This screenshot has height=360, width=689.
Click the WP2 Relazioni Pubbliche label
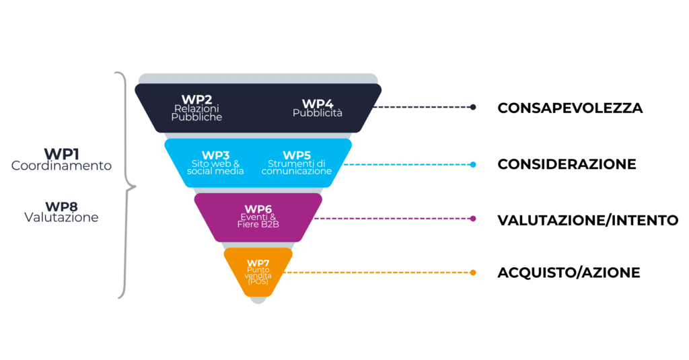click(x=196, y=108)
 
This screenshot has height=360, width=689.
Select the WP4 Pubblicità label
click(x=318, y=108)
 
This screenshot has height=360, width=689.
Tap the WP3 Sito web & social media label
click(x=215, y=163)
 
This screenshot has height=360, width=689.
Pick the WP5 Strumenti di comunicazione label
click(x=297, y=163)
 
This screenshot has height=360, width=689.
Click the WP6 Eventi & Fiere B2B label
click(x=258, y=216)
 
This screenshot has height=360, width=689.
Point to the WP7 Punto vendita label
click(x=258, y=272)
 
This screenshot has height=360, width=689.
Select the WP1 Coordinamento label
click(x=61, y=159)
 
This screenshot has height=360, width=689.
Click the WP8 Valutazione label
click(x=61, y=212)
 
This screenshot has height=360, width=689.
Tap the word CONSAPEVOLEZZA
click(x=570, y=108)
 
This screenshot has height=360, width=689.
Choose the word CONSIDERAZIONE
click(x=567, y=164)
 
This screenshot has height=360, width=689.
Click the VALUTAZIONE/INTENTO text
click(x=588, y=220)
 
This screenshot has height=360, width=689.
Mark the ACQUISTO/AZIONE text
click(x=569, y=273)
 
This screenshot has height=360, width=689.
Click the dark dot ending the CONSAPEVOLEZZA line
click(x=473, y=107)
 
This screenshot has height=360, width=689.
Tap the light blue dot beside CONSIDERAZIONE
click(x=473, y=164)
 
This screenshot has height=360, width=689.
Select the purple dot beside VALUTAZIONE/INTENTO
click(x=473, y=219)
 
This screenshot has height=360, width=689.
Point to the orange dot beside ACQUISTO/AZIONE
click(x=473, y=273)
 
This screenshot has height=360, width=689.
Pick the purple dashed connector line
click(x=392, y=219)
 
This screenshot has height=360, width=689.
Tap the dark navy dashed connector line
click(x=422, y=107)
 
